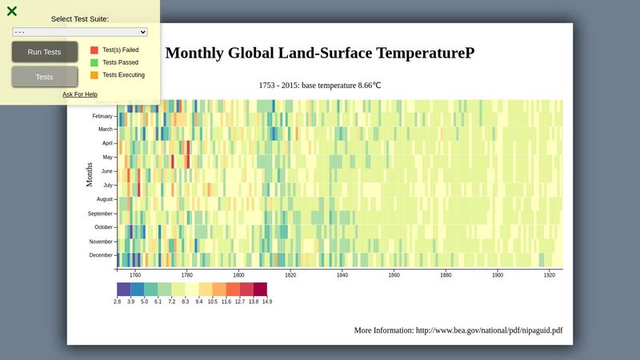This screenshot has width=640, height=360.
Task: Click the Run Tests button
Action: tap(45, 52)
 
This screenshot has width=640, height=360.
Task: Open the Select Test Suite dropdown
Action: tap(80, 32)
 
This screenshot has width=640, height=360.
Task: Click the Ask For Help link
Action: tap(80, 94)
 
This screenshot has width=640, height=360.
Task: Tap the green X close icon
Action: tap(12, 11)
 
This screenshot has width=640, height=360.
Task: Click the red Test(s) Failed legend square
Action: tap(94, 50)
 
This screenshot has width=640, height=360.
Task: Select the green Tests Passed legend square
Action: tap(94, 62)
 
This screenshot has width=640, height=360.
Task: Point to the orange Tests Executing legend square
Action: tap(94, 75)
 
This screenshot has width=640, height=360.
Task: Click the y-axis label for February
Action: tap(102, 116)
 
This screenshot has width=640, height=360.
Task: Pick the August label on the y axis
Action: tap(105, 199)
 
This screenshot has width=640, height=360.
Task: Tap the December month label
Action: tap(101, 255)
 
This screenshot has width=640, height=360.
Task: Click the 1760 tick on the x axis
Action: tap(135, 275)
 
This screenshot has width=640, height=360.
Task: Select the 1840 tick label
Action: tap(342, 275)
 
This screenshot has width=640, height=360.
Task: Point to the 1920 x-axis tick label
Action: tap(550, 275)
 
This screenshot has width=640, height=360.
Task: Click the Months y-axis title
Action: tap(90, 174)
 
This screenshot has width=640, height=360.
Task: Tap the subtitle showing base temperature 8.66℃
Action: tap(320, 85)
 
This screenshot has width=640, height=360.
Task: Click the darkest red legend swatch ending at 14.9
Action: tap(260, 290)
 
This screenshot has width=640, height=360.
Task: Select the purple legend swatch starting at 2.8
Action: tap(124, 290)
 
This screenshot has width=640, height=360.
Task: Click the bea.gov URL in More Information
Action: tap(489, 330)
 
